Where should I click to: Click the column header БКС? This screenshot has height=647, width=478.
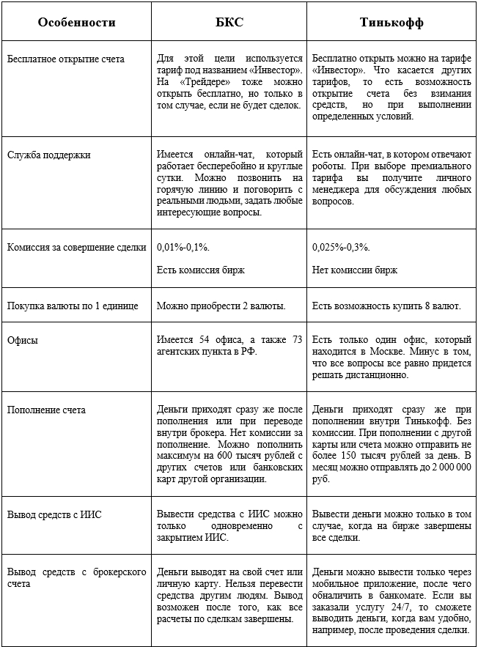[229, 22]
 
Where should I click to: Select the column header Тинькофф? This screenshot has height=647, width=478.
[392, 22]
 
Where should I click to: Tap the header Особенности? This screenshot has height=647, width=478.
[77, 22]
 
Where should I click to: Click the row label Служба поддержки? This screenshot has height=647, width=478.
[49, 155]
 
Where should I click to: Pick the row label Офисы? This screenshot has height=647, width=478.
[23, 341]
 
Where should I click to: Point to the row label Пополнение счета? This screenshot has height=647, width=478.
[46, 410]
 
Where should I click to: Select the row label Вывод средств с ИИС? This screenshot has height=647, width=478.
[55, 514]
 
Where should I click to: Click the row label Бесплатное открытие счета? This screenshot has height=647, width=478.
[66, 59]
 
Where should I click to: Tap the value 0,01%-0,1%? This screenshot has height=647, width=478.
[183, 248]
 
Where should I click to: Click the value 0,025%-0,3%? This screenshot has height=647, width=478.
[341, 248]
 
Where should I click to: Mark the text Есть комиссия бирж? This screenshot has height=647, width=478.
[201, 270]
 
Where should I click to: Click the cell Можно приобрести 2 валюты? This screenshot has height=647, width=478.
[221, 306]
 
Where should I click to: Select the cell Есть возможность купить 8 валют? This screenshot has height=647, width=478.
[386, 306]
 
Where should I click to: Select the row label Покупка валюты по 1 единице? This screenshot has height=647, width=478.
[73, 306]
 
